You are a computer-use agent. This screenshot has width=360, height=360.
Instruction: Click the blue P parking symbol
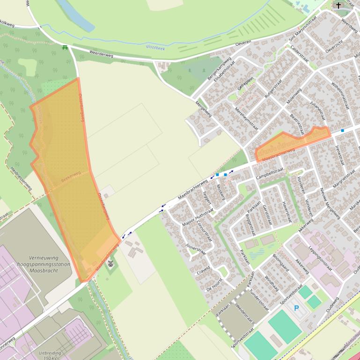tap(296, 308)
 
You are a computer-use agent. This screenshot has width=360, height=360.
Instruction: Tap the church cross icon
tap(338, 6)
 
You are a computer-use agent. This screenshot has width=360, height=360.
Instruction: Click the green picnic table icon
tap(65, 47)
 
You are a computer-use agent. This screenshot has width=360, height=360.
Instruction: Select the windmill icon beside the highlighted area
tap(110, 264)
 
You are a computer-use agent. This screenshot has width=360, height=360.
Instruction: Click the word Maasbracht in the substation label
tap(43, 270)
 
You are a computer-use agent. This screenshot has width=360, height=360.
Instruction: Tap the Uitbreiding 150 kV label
tap(50, 355)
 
